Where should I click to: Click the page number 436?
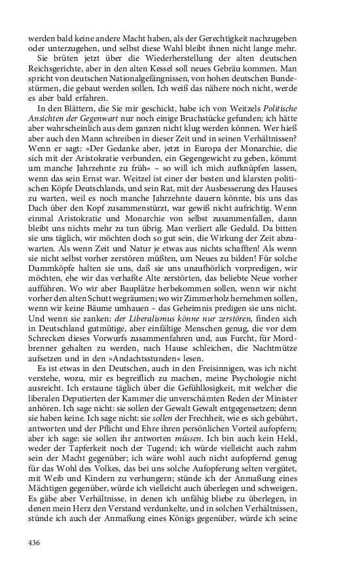(x=35, y=543)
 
